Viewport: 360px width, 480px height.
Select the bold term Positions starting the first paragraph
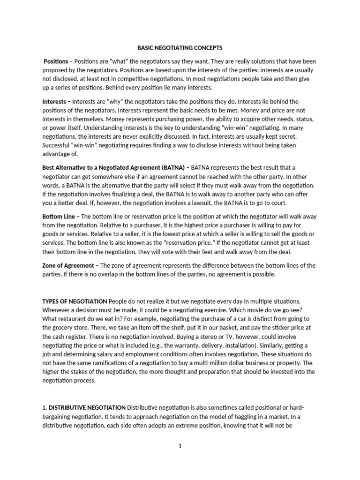pyautogui.click(x=56, y=61)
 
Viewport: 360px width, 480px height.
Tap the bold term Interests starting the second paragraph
pyautogui.click(x=54, y=102)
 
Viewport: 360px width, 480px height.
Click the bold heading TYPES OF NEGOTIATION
pyautogui.click(x=75, y=300)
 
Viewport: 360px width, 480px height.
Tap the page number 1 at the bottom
pyautogui.click(x=180, y=446)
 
